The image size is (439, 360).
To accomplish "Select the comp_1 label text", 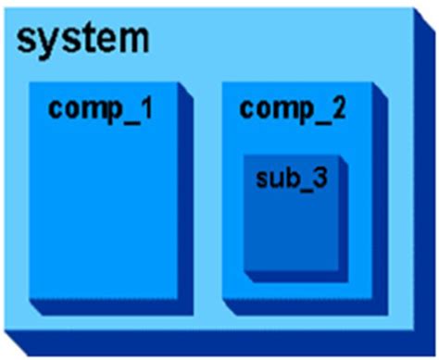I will click(x=101, y=108).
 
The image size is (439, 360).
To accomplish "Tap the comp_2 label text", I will click(x=293, y=108).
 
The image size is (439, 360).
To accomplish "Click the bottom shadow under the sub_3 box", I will click(x=296, y=276).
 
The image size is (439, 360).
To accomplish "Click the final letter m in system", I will click(x=132, y=39).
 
